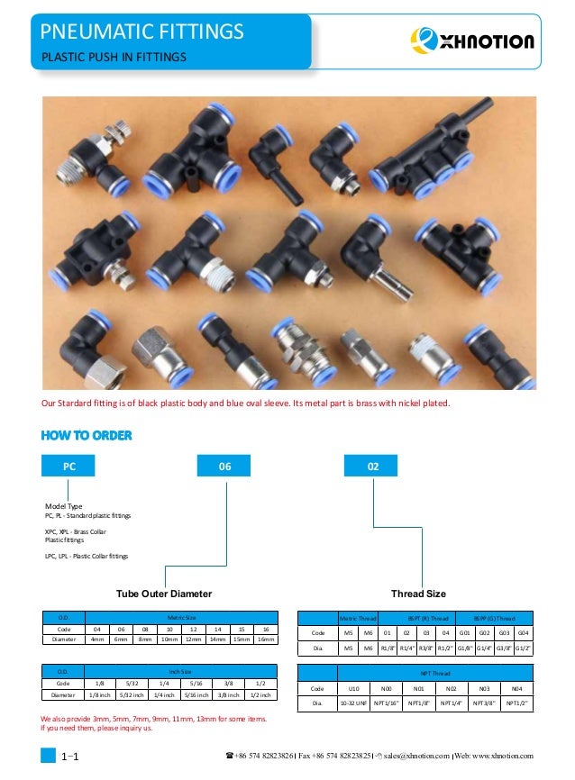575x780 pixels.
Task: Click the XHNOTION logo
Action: (x=471, y=41)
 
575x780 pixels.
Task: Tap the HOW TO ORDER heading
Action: (x=87, y=436)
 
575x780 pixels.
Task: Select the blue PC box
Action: (x=68, y=467)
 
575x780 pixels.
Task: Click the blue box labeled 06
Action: (x=225, y=467)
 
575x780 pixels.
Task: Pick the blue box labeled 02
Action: (x=373, y=467)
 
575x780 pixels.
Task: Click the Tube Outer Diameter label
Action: (x=164, y=594)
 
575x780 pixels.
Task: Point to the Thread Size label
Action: (x=417, y=594)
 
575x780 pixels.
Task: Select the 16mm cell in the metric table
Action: (x=262, y=639)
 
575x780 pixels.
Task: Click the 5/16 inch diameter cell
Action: (x=203, y=694)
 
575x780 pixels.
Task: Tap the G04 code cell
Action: (x=522, y=633)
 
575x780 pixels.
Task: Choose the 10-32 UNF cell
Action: (x=349, y=703)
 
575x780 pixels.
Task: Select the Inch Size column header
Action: (x=180, y=671)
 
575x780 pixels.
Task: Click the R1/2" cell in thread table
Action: (x=445, y=648)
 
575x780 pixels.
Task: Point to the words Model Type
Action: (x=63, y=506)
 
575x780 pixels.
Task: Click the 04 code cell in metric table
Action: (x=96, y=628)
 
